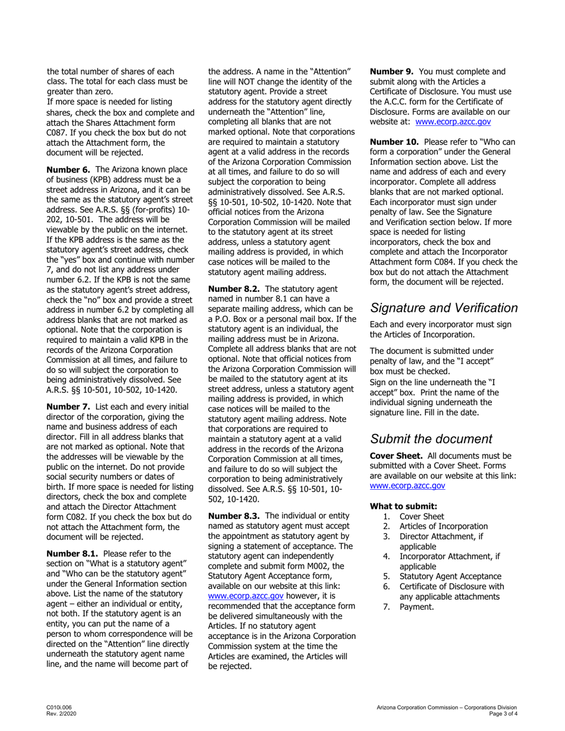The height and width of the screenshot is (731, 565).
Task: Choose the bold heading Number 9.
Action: (392, 71)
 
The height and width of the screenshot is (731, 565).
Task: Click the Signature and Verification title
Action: (444, 308)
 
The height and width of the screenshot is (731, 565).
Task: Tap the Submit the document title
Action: (431, 439)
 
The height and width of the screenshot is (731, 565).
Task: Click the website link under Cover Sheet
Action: (407, 486)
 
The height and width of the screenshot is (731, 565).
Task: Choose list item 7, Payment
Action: (416, 607)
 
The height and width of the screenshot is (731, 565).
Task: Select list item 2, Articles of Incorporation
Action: (443, 526)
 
